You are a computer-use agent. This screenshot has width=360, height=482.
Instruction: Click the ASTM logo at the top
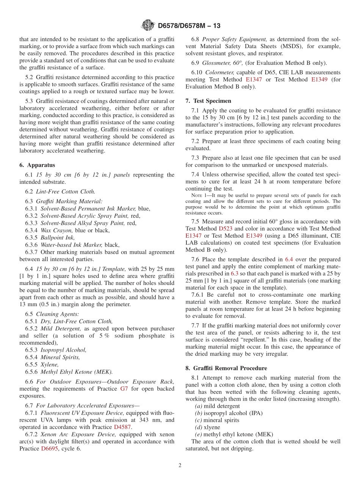tap(148, 25)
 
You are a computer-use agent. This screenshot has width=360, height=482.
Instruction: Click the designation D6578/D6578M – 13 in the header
tap(189, 26)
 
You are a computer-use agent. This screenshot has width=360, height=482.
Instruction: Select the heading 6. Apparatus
tap(37, 165)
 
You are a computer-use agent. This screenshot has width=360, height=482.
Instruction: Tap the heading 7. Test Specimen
tap(208, 101)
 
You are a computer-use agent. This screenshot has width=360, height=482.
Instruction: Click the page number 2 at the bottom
tap(180, 465)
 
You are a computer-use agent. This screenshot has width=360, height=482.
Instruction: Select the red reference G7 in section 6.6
tap(124, 389)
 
